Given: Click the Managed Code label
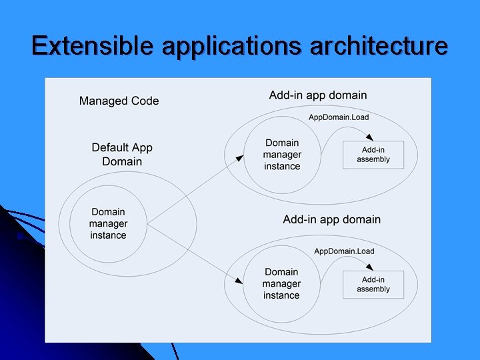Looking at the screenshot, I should pyautogui.click(x=119, y=101).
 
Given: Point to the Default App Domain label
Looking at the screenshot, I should pyautogui.click(x=122, y=155).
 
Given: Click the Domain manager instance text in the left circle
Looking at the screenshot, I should pyautogui.click(x=108, y=223).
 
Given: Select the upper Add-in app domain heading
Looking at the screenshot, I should pyautogui.click(x=318, y=95).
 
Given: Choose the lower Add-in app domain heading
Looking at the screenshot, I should pyautogui.click(x=331, y=219).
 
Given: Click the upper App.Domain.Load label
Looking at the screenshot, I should pyautogui.click(x=338, y=117).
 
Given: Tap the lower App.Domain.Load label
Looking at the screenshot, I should pyautogui.click(x=344, y=251).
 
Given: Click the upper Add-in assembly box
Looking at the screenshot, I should pyautogui.click(x=373, y=155).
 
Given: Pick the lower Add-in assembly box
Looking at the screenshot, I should pyautogui.click(x=373, y=285).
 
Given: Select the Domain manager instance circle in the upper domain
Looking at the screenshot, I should pyautogui.click(x=282, y=155).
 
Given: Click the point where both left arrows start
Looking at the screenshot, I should pyautogui.click(x=147, y=223).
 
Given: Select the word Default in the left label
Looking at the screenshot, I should pyautogui.click(x=111, y=148).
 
